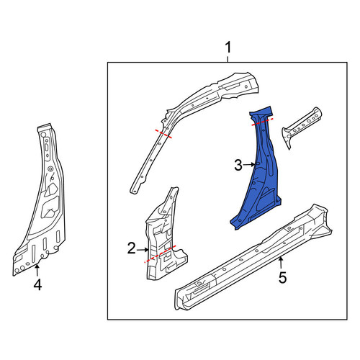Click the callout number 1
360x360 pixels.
click(228, 48)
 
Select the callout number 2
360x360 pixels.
click(132, 248)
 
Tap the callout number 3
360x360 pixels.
click(238, 165)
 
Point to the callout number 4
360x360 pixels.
click(37, 285)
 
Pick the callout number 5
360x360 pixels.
click(283, 278)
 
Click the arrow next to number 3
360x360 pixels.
click(249, 165)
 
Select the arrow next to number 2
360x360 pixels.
click(143, 250)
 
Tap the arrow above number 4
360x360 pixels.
click(37, 270)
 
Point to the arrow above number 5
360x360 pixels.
click(281, 262)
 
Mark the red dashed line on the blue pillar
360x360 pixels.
click(262, 122)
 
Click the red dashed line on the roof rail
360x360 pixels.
click(163, 134)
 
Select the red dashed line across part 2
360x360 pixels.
click(160, 254)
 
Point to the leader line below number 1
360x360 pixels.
click(228, 59)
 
